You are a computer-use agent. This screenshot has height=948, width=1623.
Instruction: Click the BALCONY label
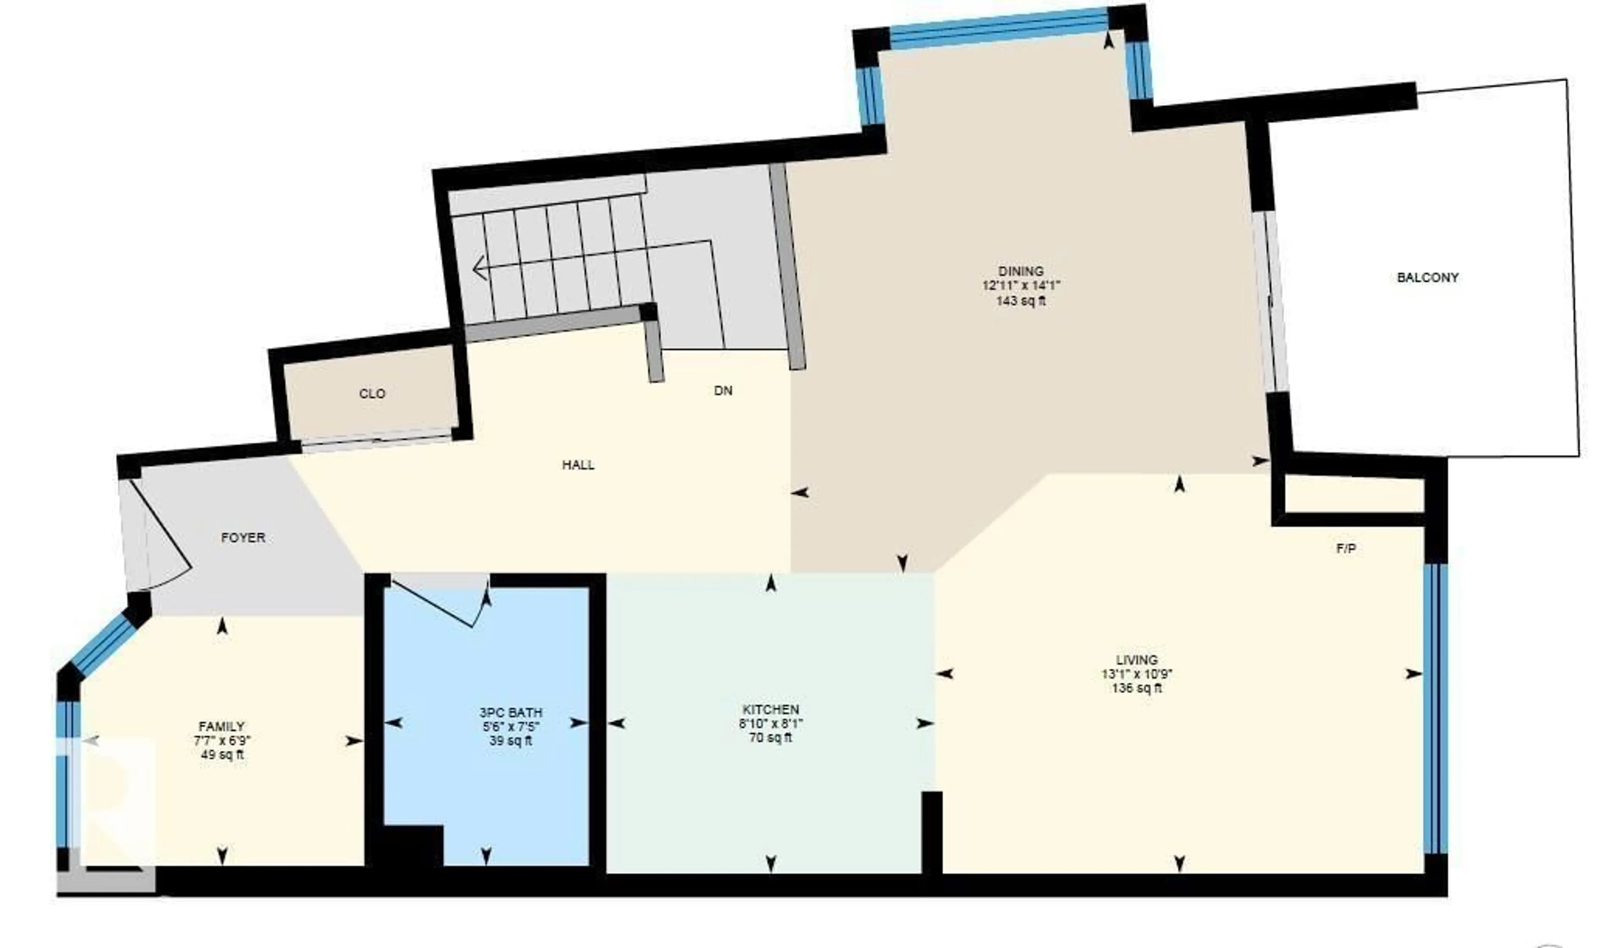click(1427, 278)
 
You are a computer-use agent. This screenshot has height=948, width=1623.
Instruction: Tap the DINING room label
click(1021, 271)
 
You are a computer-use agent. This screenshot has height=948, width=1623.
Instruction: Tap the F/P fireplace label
click(1346, 549)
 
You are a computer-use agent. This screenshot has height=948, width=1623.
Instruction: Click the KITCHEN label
click(771, 709)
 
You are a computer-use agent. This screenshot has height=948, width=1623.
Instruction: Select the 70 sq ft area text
click(771, 738)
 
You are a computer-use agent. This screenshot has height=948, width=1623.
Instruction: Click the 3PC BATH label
click(511, 712)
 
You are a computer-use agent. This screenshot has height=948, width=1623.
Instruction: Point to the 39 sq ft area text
click(511, 741)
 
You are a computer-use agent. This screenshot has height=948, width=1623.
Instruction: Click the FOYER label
click(243, 538)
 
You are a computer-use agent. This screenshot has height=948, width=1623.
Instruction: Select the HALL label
click(578, 464)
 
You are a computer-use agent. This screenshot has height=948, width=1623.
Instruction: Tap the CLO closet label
click(372, 393)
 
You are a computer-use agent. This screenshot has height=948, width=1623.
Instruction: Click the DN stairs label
click(723, 391)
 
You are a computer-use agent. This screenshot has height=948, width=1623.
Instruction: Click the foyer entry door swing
click(164, 547)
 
